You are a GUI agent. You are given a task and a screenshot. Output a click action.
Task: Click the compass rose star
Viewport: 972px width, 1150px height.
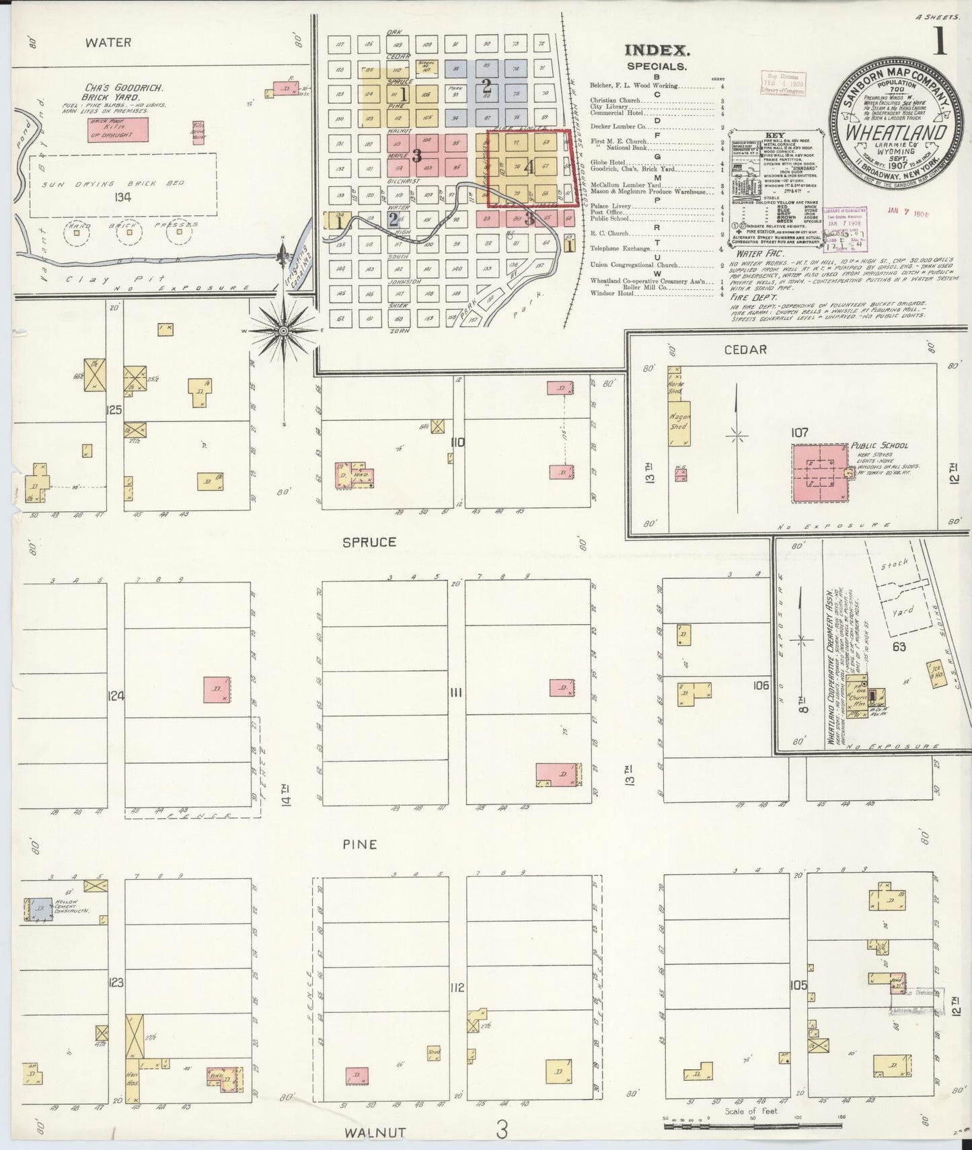[284, 330]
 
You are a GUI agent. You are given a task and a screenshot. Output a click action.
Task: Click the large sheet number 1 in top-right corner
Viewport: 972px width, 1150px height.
[939, 42]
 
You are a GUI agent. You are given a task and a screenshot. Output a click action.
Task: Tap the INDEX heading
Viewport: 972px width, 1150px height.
[657, 50]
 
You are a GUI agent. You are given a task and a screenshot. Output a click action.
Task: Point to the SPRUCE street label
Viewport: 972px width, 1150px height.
[369, 541]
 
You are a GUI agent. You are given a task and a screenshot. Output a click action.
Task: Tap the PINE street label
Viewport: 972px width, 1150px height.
[359, 844]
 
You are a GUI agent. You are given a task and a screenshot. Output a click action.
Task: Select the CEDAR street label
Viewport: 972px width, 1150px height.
[745, 349]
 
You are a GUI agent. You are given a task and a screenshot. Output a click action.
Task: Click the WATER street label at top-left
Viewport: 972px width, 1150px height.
[108, 42]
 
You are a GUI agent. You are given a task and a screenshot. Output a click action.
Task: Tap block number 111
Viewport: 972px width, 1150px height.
[457, 693]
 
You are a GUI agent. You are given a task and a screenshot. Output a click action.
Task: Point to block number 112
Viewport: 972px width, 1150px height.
[457, 987]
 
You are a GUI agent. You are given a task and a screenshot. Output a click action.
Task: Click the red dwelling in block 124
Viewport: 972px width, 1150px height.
[217, 689]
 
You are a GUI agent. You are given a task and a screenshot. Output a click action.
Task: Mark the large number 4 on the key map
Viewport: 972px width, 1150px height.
[530, 168]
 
